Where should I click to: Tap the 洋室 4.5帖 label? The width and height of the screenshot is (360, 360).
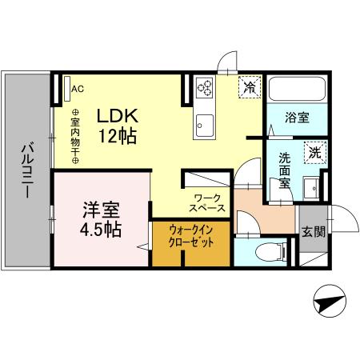pyautogui.click(x=100, y=219)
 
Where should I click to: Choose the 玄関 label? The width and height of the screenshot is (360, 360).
pyautogui.click(x=313, y=232)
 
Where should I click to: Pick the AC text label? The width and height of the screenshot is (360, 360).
pyautogui.click(x=78, y=88)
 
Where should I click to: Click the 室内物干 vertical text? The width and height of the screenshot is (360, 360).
pyautogui.click(x=75, y=136)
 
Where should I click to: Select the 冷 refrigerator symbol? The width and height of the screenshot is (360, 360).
pyautogui.click(x=250, y=86)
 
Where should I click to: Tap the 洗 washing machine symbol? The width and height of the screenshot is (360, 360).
pyautogui.click(x=314, y=151)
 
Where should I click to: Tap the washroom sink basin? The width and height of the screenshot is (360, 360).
pyautogui.click(x=310, y=188)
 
